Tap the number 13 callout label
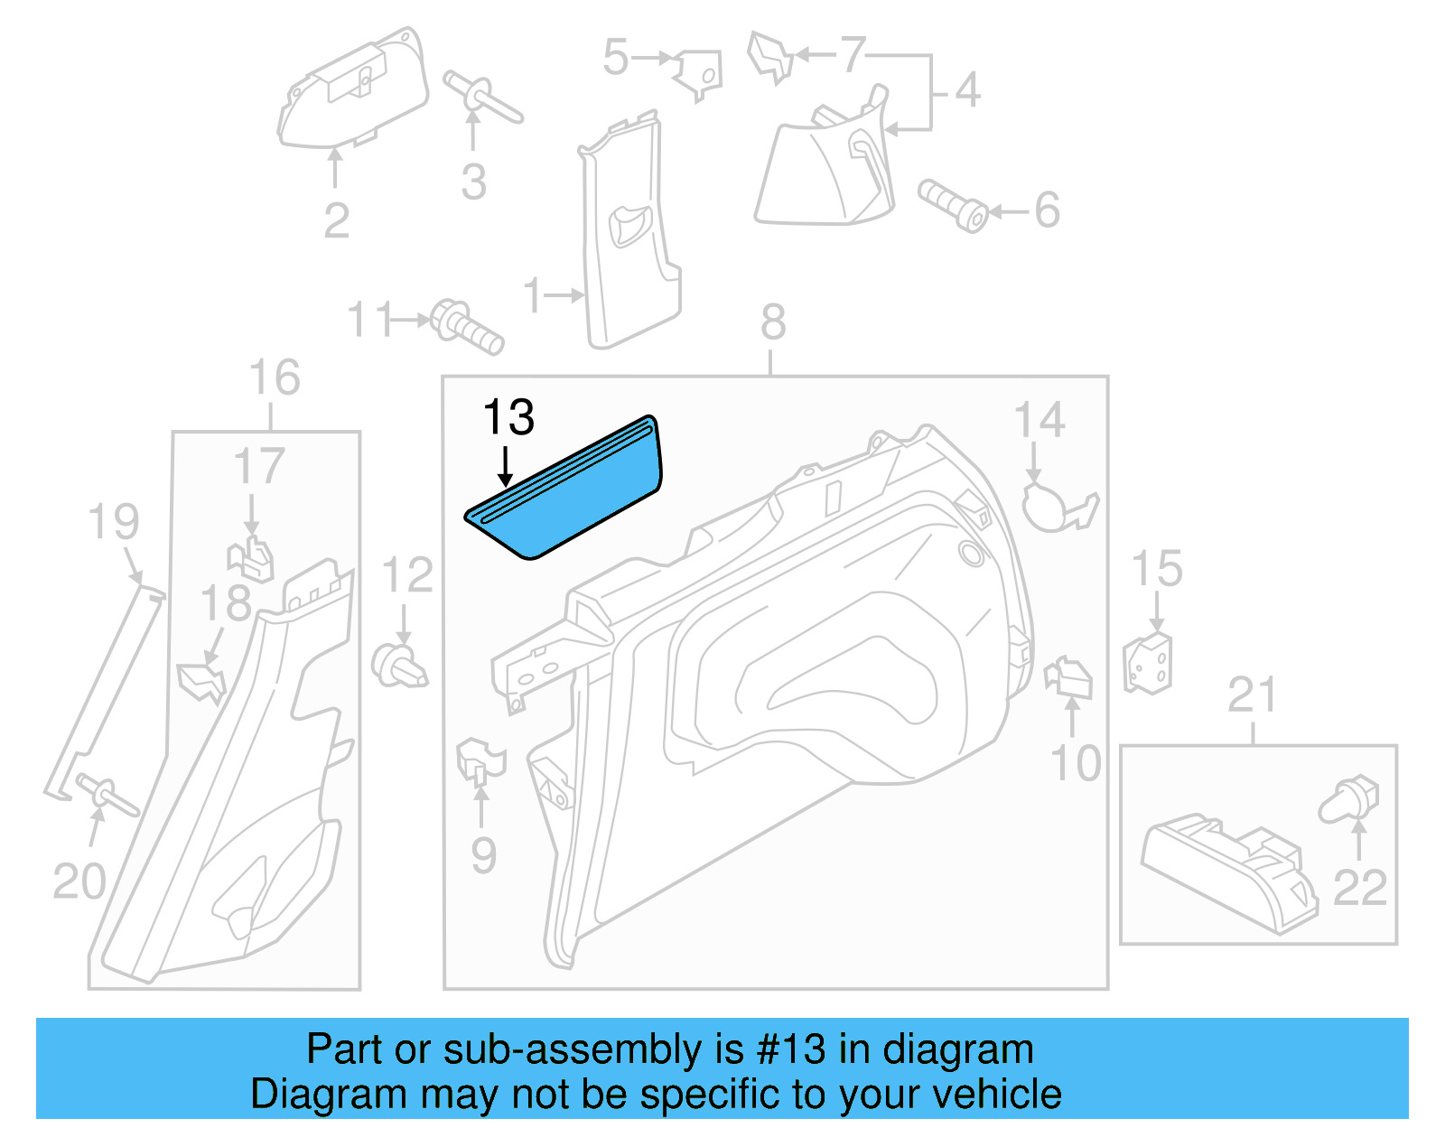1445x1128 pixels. tap(508, 417)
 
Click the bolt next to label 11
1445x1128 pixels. tap(466, 327)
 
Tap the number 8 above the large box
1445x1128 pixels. tap(773, 322)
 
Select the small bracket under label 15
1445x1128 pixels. tap(1148, 664)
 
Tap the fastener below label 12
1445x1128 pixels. tap(399, 667)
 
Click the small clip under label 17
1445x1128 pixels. tap(253, 559)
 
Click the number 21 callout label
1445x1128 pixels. tap(1252, 695)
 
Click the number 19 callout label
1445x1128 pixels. tap(114, 522)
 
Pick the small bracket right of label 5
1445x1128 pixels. tap(699, 72)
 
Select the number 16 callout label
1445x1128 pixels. tap(274, 378)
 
